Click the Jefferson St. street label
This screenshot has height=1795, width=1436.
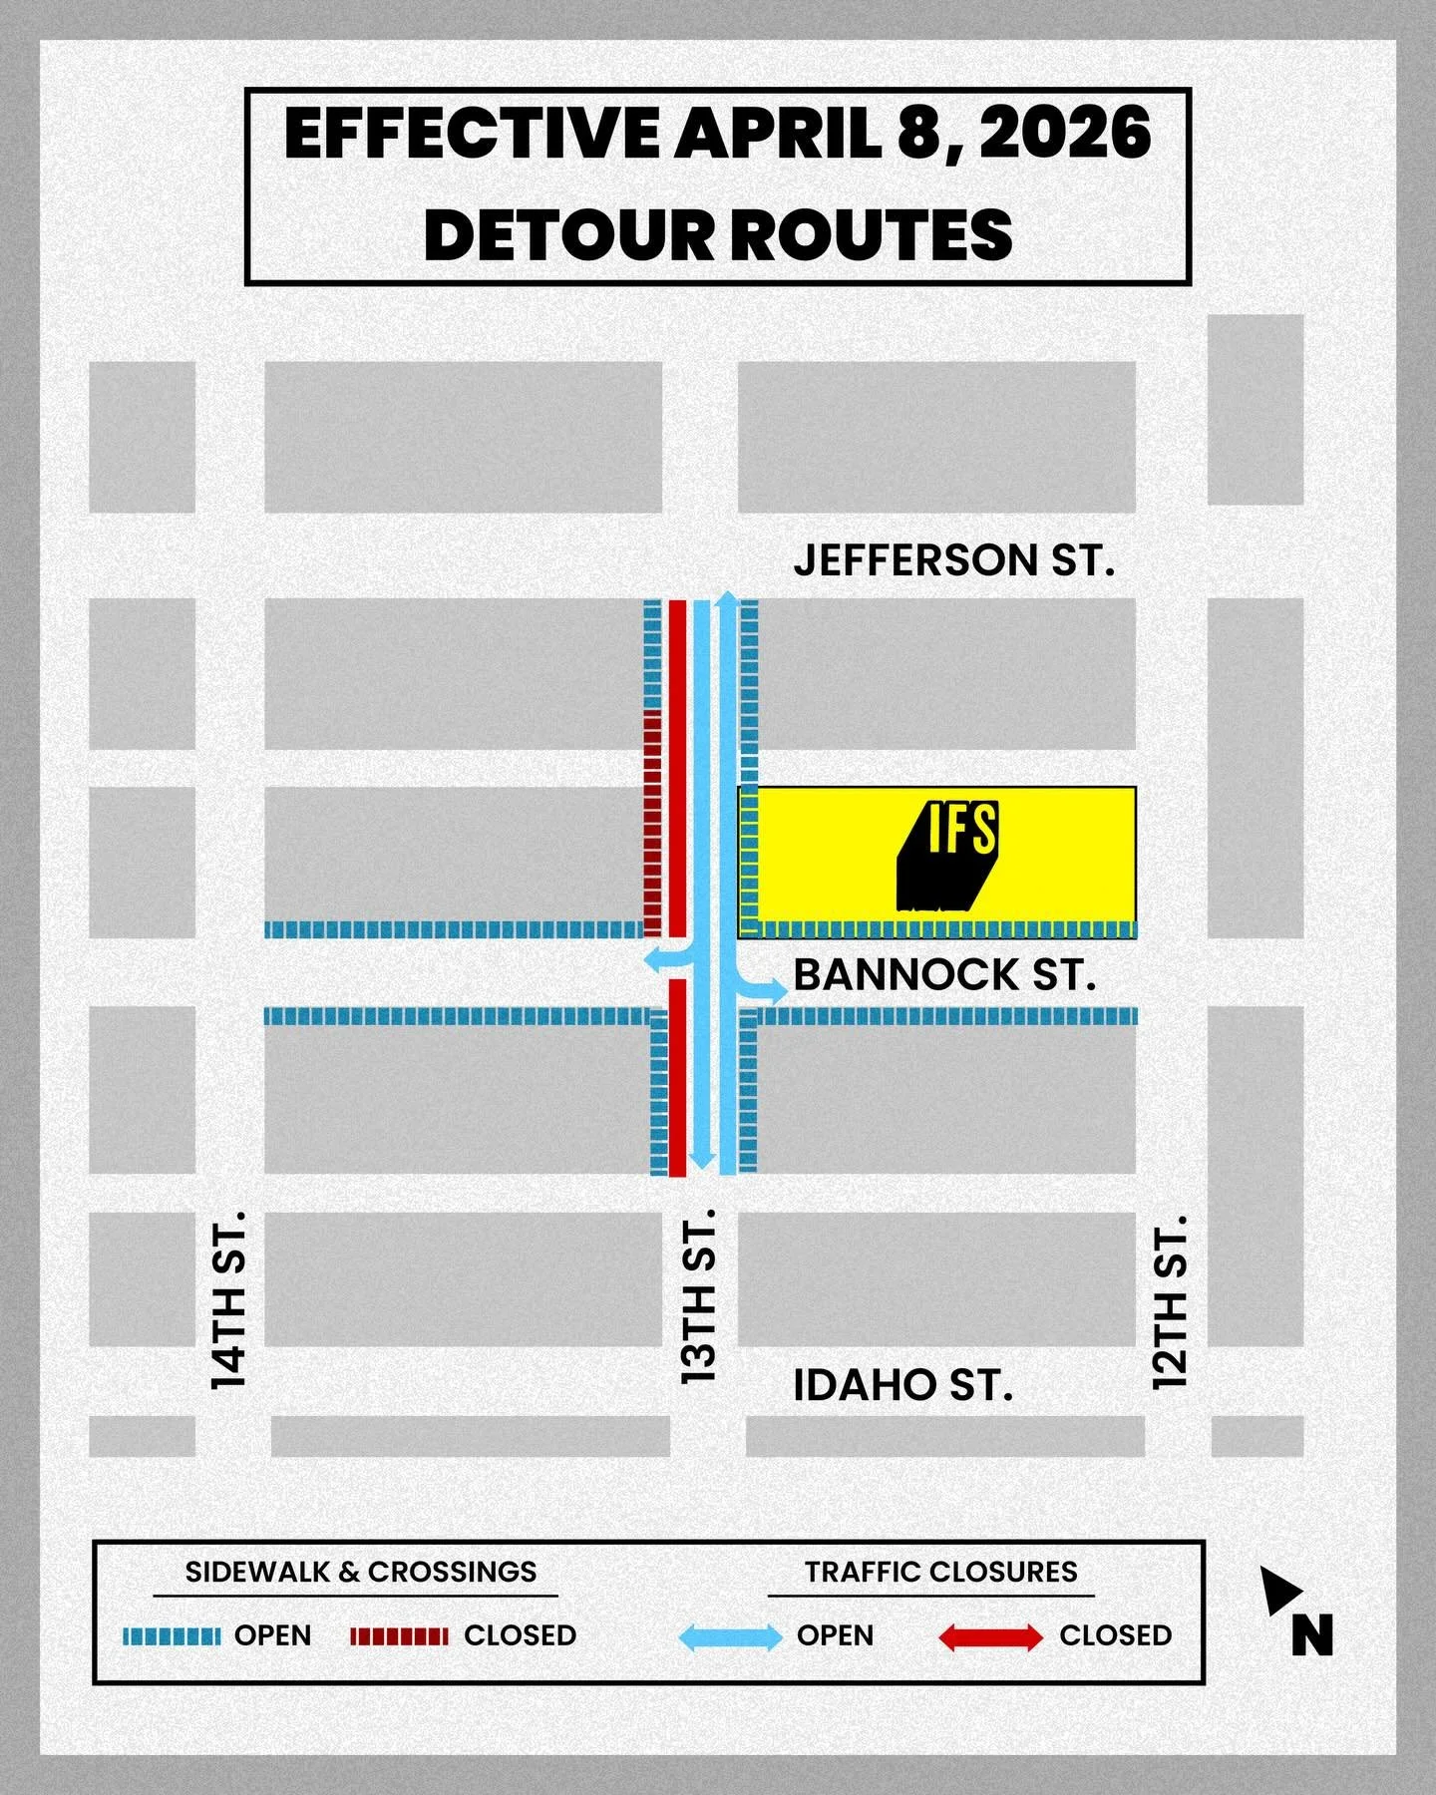tap(953, 560)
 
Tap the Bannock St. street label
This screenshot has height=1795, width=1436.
tap(944, 975)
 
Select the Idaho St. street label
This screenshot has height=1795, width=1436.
tap(902, 1385)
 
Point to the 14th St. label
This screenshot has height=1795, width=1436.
tap(228, 1299)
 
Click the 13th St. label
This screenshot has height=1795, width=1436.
tap(699, 1295)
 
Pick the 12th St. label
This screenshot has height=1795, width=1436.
tap(1170, 1301)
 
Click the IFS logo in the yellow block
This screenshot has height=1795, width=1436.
tap(948, 857)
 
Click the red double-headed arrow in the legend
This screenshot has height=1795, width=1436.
tap(990, 1636)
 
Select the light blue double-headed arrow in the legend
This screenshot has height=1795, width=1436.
tap(730, 1636)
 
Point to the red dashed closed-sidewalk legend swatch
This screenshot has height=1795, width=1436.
tap(399, 1636)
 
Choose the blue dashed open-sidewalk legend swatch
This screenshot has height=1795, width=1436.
tap(172, 1636)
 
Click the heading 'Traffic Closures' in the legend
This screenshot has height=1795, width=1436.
tap(940, 1573)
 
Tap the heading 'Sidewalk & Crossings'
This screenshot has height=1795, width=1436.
tap(361, 1573)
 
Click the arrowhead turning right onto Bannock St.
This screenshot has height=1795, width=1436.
tap(776, 989)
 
